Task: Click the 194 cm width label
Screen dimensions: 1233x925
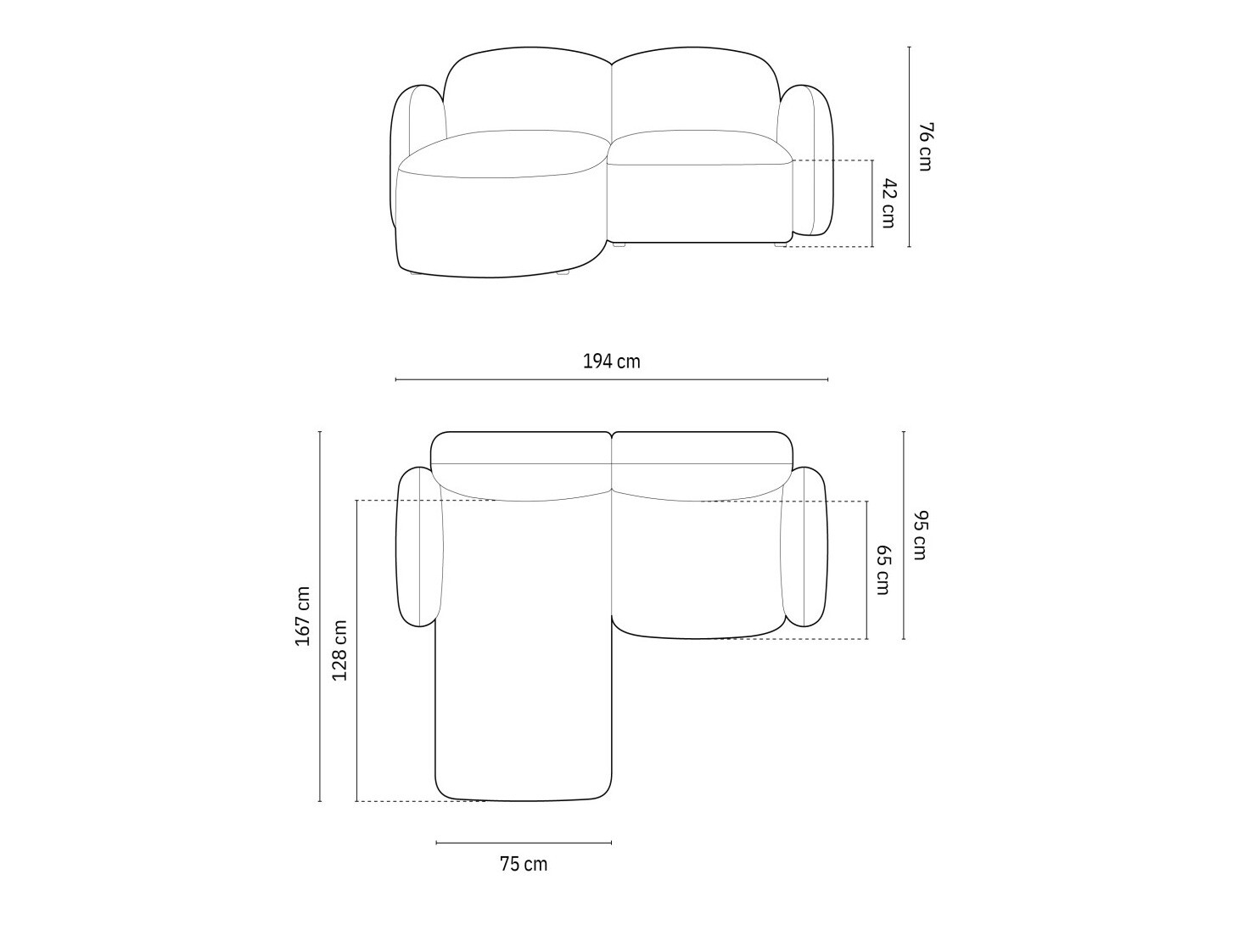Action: coord(611,362)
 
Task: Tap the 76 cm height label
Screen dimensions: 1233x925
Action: coord(925,147)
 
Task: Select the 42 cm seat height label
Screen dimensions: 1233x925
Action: coord(888,204)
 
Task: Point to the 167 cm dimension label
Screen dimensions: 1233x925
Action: coord(303,616)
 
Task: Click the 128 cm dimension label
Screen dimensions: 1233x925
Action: coord(339,650)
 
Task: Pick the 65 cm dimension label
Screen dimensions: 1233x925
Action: coord(883,570)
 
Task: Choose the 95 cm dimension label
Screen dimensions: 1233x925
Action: coord(920,535)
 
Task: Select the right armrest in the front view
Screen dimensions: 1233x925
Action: coord(806,160)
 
